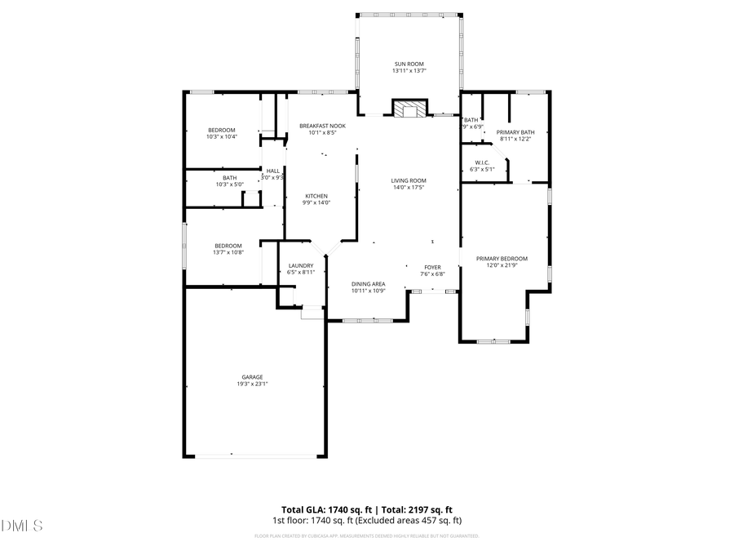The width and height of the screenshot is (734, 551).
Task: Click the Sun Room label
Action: click(409, 64)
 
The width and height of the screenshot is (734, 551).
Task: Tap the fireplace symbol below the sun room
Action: click(409, 109)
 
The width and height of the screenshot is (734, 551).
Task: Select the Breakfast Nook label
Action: click(322, 126)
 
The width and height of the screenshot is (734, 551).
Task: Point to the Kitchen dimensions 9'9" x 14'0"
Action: click(316, 202)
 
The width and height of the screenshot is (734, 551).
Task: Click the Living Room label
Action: click(409, 180)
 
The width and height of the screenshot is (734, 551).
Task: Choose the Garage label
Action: click(252, 376)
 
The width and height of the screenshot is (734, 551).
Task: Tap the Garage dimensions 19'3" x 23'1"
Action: click(252, 384)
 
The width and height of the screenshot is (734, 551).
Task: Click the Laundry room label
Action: click(301, 265)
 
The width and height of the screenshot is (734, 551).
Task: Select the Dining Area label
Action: click(369, 283)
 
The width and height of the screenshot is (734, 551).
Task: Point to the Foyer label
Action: click(432, 267)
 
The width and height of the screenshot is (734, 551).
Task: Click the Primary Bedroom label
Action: click(507, 258)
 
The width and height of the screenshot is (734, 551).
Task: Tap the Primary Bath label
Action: click(515, 132)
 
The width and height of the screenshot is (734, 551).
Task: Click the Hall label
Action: click(272, 171)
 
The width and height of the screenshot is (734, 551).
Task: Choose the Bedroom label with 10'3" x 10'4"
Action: click(221, 130)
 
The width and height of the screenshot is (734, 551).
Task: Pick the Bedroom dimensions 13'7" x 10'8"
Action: click(228, 252)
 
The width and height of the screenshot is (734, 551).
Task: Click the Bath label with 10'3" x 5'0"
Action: click(230, 177)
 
